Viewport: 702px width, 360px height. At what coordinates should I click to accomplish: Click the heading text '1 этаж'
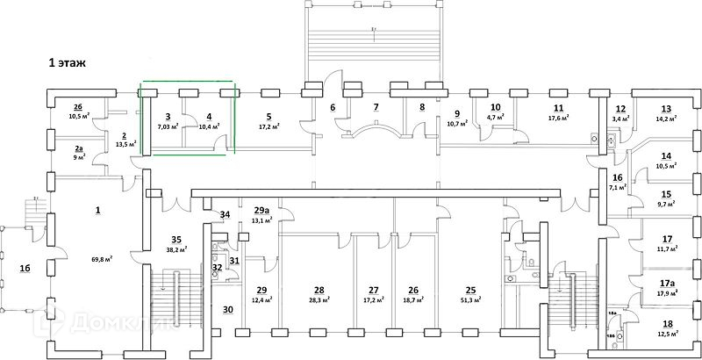point(71,63)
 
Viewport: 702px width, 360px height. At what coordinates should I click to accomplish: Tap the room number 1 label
point(97,209)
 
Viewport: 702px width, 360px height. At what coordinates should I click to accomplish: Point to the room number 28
point(319,290)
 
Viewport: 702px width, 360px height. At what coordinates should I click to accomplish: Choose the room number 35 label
point(175,238)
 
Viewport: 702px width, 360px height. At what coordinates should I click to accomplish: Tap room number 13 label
point(665,108)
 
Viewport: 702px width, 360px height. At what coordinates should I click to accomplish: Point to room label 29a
point(261,211)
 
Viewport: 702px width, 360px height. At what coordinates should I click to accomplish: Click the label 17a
point(667,284)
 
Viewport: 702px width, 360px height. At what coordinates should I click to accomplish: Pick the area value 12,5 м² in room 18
point(668,335)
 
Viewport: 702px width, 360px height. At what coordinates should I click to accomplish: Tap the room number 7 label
point(376,107)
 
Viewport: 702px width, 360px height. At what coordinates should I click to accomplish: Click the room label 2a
point(79,149)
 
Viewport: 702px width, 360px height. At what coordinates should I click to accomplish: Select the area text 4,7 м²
point(495,118)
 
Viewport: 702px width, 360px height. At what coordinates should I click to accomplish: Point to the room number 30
point(227,309)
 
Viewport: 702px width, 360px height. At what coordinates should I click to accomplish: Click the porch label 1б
point(25,268)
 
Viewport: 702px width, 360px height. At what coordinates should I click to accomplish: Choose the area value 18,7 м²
point(412,300)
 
